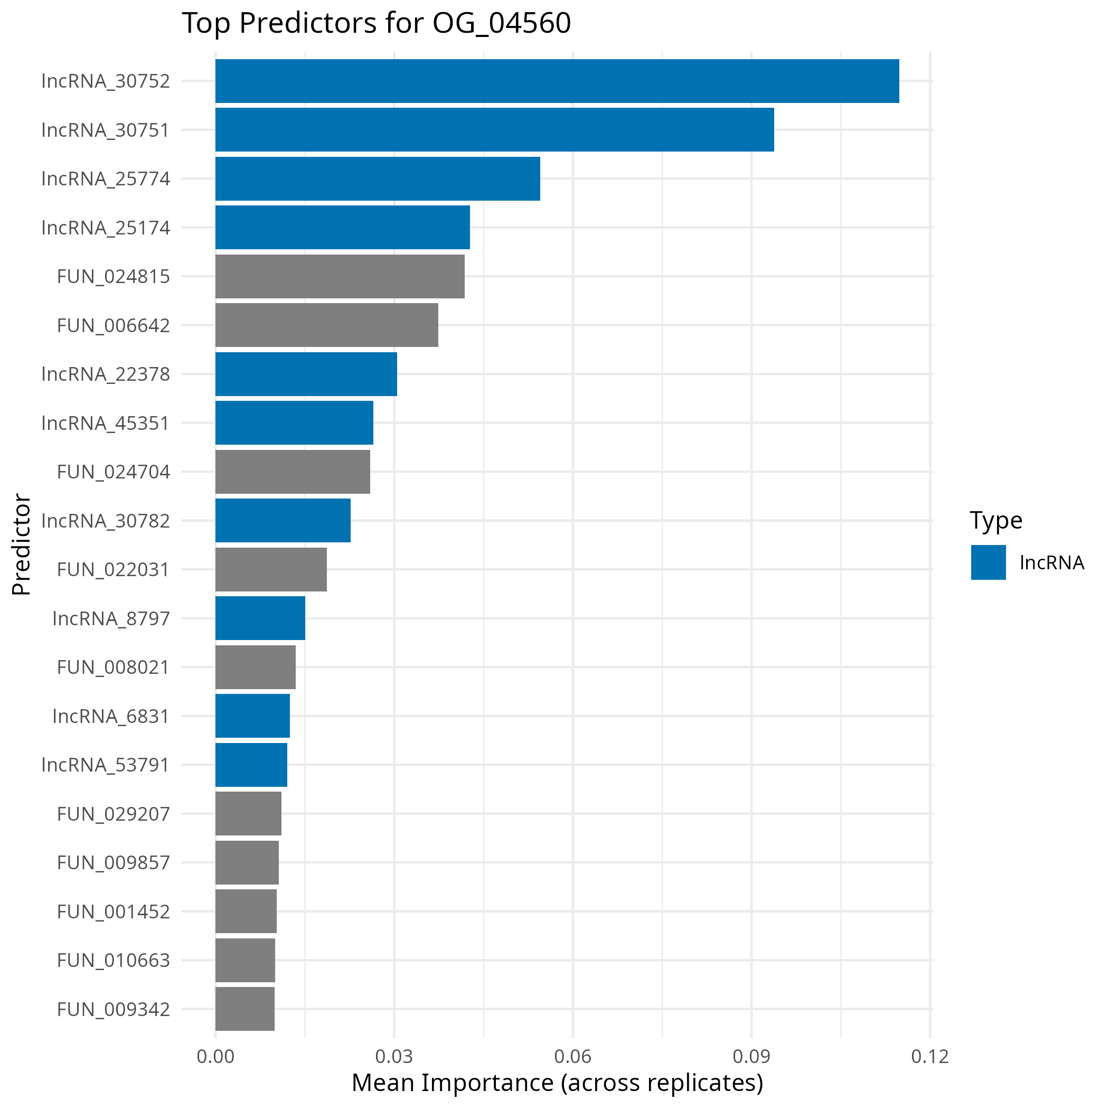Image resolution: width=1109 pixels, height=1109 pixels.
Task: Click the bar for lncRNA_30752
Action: pyautogui.click(x=557, y=81)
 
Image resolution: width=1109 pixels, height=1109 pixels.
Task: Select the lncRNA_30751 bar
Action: pyautogui.click(x=494, y=130)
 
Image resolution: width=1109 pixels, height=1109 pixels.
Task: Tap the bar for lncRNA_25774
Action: pyautogui.click(x=377, y=178)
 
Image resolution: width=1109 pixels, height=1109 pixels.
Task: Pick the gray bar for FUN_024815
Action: pyautogui.click(x=340, y=276)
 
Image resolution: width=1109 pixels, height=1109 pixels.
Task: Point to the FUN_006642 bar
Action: pyautogui.click(x=326, y=325)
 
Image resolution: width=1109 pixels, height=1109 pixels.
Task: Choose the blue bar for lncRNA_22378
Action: pyautogui.click(x=306, y=374)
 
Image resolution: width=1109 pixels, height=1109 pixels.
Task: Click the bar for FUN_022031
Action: pyautogui.click(x=271, y=569)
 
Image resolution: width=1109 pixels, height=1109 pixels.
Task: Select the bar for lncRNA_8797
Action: pyautogui.click(x=260, y=618)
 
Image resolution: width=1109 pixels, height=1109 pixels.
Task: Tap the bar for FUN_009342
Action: pyautogui.click(x=245, y=1009)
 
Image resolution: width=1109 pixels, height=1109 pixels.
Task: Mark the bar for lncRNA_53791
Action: pyautogui.click(x=251, y=765)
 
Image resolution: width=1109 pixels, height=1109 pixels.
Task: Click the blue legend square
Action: pyautogui.click(x=989, y=562)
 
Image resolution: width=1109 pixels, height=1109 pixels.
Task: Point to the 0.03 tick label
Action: pyautogui.click(x=394, y=1057)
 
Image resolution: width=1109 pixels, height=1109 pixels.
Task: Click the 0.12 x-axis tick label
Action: pyautogui.click(x=930, y=1057)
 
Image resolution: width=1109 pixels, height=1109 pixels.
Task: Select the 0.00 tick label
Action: pyautogui.click(x=215, y=1057)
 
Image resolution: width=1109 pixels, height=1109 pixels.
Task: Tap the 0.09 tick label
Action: pyautogui.click(x=751, y=1057)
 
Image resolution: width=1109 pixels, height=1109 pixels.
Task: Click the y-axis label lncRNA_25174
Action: pyautogui.click(x=106, y=228)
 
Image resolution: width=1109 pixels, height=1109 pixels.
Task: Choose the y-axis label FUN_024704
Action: pyautogui.click(x=113, y=472)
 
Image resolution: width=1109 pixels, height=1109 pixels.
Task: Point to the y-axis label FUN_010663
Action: pyautogui.click(x=113, y=960)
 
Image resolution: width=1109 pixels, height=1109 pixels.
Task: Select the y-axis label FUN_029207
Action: pyautogui.click(x=113, y=814)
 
